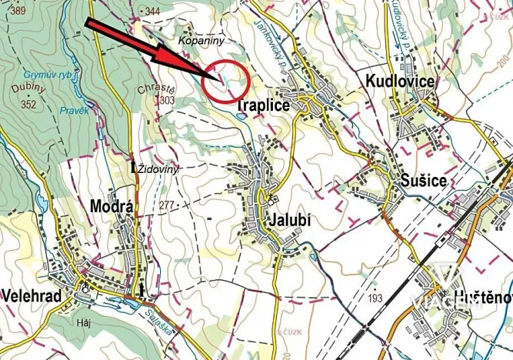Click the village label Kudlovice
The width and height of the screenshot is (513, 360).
(400, 82)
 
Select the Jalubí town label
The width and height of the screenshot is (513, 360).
(290, 219)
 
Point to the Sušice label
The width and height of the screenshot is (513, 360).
(423, 181)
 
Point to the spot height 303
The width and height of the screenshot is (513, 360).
(166, 100)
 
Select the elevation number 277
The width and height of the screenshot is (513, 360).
(168, 206)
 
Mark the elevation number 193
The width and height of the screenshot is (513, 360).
(376, 298)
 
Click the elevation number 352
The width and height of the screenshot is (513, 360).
(30, 105)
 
